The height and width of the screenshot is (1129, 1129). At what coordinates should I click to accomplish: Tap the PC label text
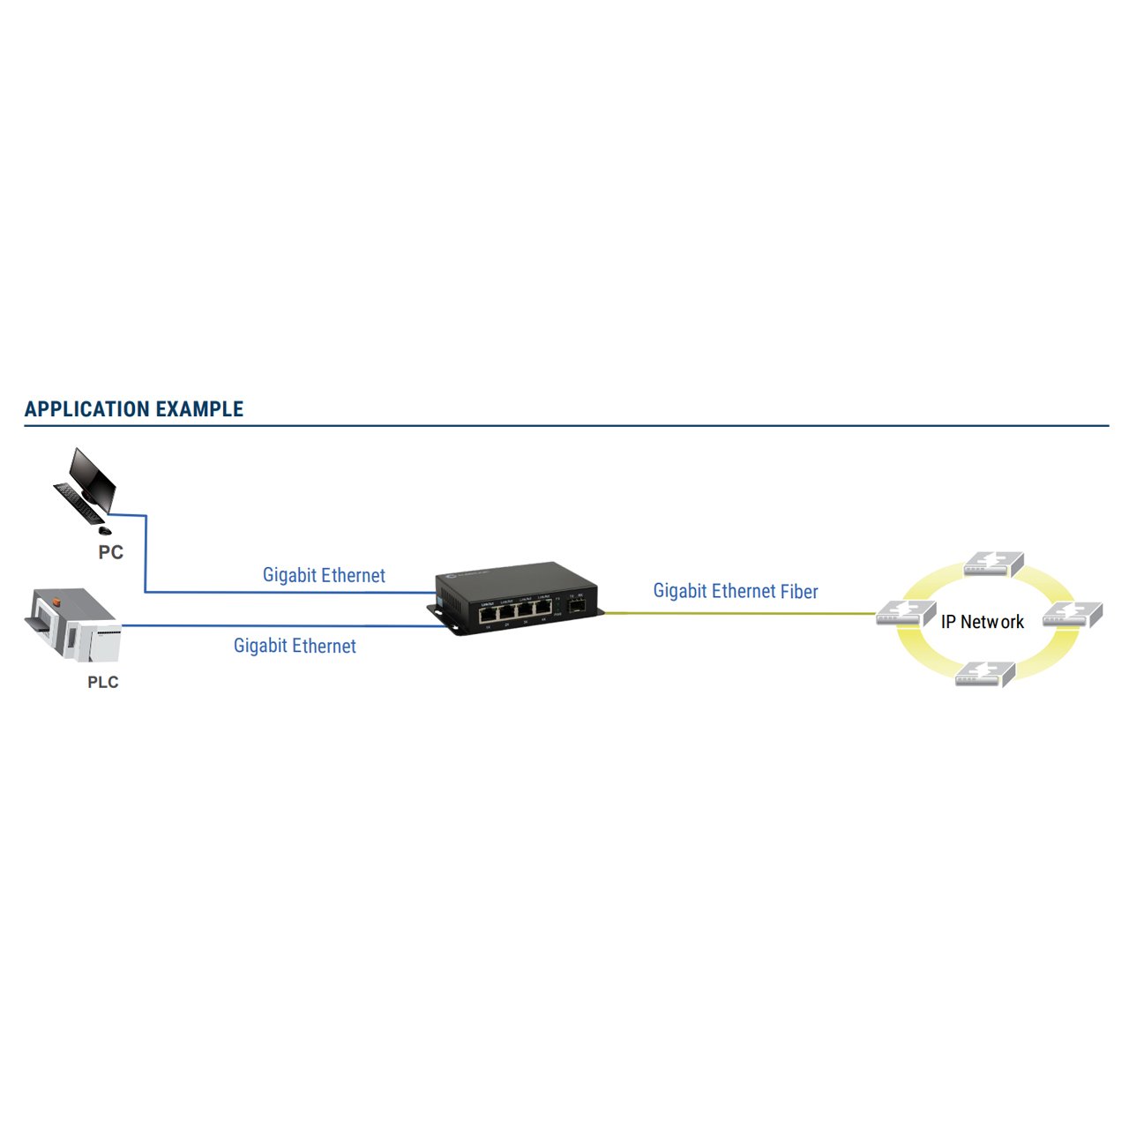click(x=110, y=552)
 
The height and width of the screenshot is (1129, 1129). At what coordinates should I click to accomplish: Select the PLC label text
click(x=102, y=682)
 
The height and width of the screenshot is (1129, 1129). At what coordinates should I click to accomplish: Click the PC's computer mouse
click(x=104, y=530)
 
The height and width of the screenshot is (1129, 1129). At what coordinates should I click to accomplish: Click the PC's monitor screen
click(x=93, y=477)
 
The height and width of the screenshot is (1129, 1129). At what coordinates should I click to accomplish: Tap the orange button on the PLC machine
click(x=56, y=602)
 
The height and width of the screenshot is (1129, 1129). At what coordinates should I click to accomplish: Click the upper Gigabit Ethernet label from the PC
click(x=324, y=575)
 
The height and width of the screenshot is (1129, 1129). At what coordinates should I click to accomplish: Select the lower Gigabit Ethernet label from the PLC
click(x=295, y=646)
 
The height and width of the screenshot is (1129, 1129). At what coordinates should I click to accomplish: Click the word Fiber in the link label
click(x=799, y=591)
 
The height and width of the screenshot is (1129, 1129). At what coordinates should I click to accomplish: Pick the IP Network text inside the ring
click(x=982, y=622)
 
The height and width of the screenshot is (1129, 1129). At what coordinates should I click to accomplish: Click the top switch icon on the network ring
click(x=993, y=564)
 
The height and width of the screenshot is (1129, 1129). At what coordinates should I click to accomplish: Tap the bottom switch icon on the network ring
click(x=984, y=674)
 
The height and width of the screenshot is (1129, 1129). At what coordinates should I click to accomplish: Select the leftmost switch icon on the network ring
click(x=905, y=613)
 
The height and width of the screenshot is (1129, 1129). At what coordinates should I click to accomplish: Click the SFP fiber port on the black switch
click(x=578, y=608)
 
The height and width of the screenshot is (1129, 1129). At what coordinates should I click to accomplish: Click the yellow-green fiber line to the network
click(x=741, y=613)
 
